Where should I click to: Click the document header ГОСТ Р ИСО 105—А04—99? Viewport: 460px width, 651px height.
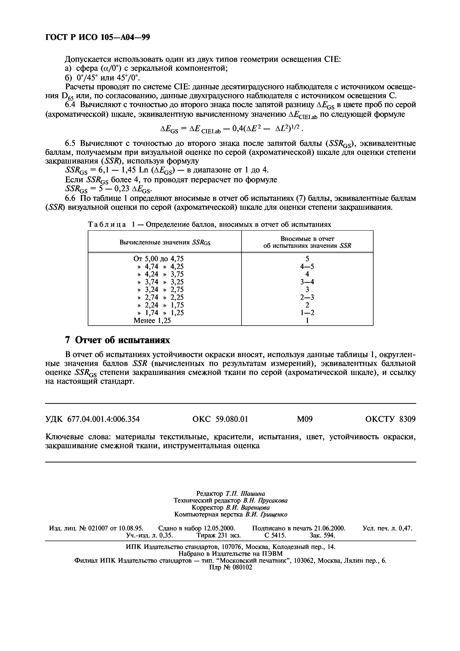(x=97, y=37)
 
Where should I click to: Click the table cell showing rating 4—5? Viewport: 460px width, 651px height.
(x=307, y=266)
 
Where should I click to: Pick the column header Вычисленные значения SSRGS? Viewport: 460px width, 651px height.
(x=165, y=242)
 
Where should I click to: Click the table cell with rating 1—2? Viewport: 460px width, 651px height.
(x=307, y=313)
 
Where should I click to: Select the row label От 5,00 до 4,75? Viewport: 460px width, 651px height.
(x=158, y=259)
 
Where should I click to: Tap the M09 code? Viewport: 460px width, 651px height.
(x=305, y=419)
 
